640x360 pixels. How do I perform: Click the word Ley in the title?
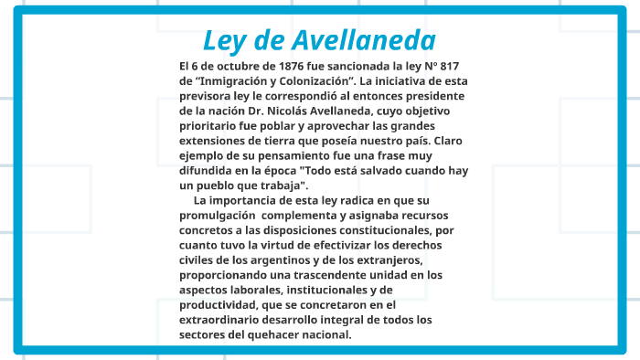tap(223, 41)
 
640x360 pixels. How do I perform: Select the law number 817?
tap(460, 67)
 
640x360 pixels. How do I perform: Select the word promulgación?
tap(217, 216)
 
